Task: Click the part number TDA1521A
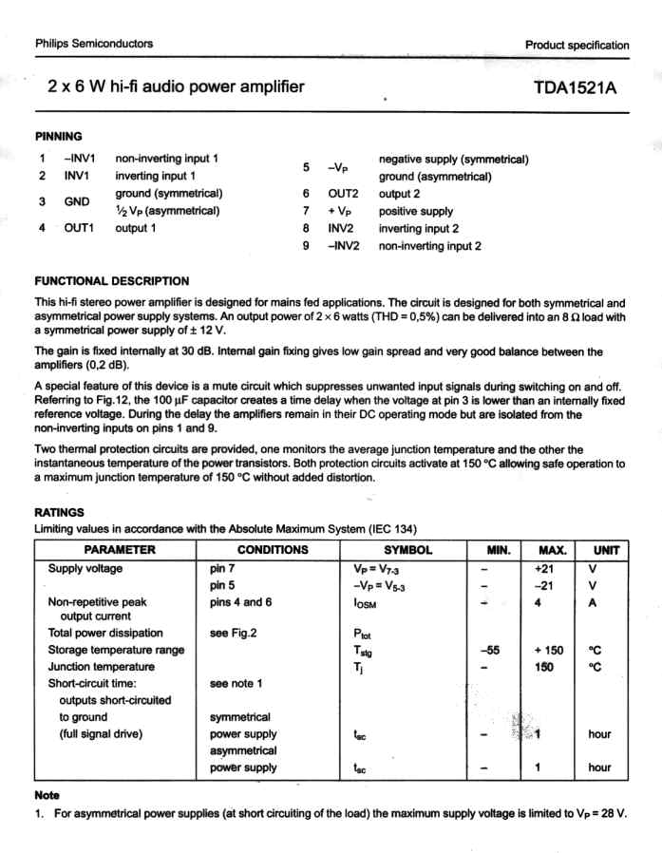pos(576,88)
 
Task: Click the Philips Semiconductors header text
pos(93,44)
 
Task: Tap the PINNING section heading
pos(58,137)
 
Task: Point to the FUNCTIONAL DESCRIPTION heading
pos(111,280)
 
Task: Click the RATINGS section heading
pos(59,511)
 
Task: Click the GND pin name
pos(76,201)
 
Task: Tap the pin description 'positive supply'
pos(416,211)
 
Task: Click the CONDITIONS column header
pos(273,550)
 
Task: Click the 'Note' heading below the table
pos(47,794)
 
